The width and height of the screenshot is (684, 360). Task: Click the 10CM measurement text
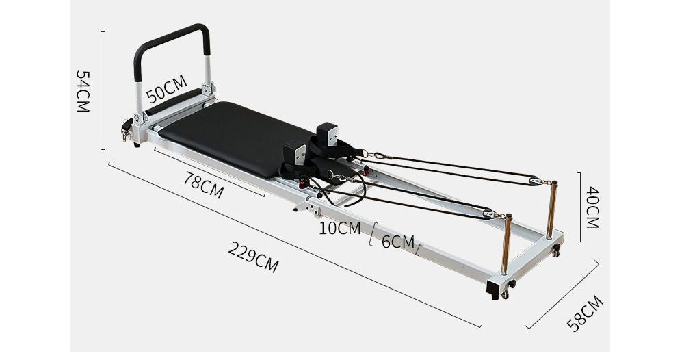pyautogui.click(x=339, y=228)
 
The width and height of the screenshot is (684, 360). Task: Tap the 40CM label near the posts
pyautogui.click(x=592, y=208)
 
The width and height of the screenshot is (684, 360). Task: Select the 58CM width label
pyautogui.click(x=586, y=313)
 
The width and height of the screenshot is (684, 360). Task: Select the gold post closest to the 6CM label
pyautogui.click(x=506, y=244)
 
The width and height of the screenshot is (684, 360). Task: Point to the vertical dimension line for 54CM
pyautogui.click(x=101, y=90)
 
